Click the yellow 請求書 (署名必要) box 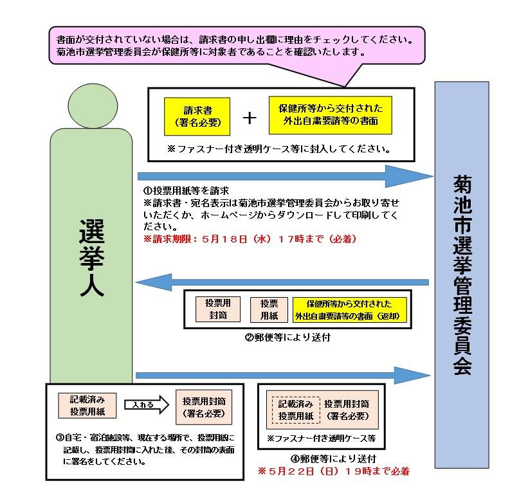[x=197, y=116]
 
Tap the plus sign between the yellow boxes [x=250, y=118]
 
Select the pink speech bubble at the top [x=237, y=46]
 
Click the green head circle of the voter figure [x=93, y=105]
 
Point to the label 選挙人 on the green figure [x=92, y=258]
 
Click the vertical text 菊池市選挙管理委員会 [x=462, y=275]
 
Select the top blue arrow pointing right [x=286, y=176]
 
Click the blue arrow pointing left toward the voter [x=282, y=282]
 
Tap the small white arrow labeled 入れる [x=147, y=404]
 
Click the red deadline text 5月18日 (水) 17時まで [x=250, y=239]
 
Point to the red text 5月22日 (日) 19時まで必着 [x=334, y=471]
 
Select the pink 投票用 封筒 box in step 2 [x=218, y=309]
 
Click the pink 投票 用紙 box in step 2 [x=269, y=310]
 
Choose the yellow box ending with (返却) [x=350, y=310]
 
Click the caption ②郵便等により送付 [x=287, y=338]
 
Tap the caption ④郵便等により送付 [x=333, y=458]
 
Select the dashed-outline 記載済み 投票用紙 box [x=296, y=410]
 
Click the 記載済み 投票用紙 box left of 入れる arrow [x=87, y=406]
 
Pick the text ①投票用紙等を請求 [x=186, y=190]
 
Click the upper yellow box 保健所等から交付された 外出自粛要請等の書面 [x=331, y=115]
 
